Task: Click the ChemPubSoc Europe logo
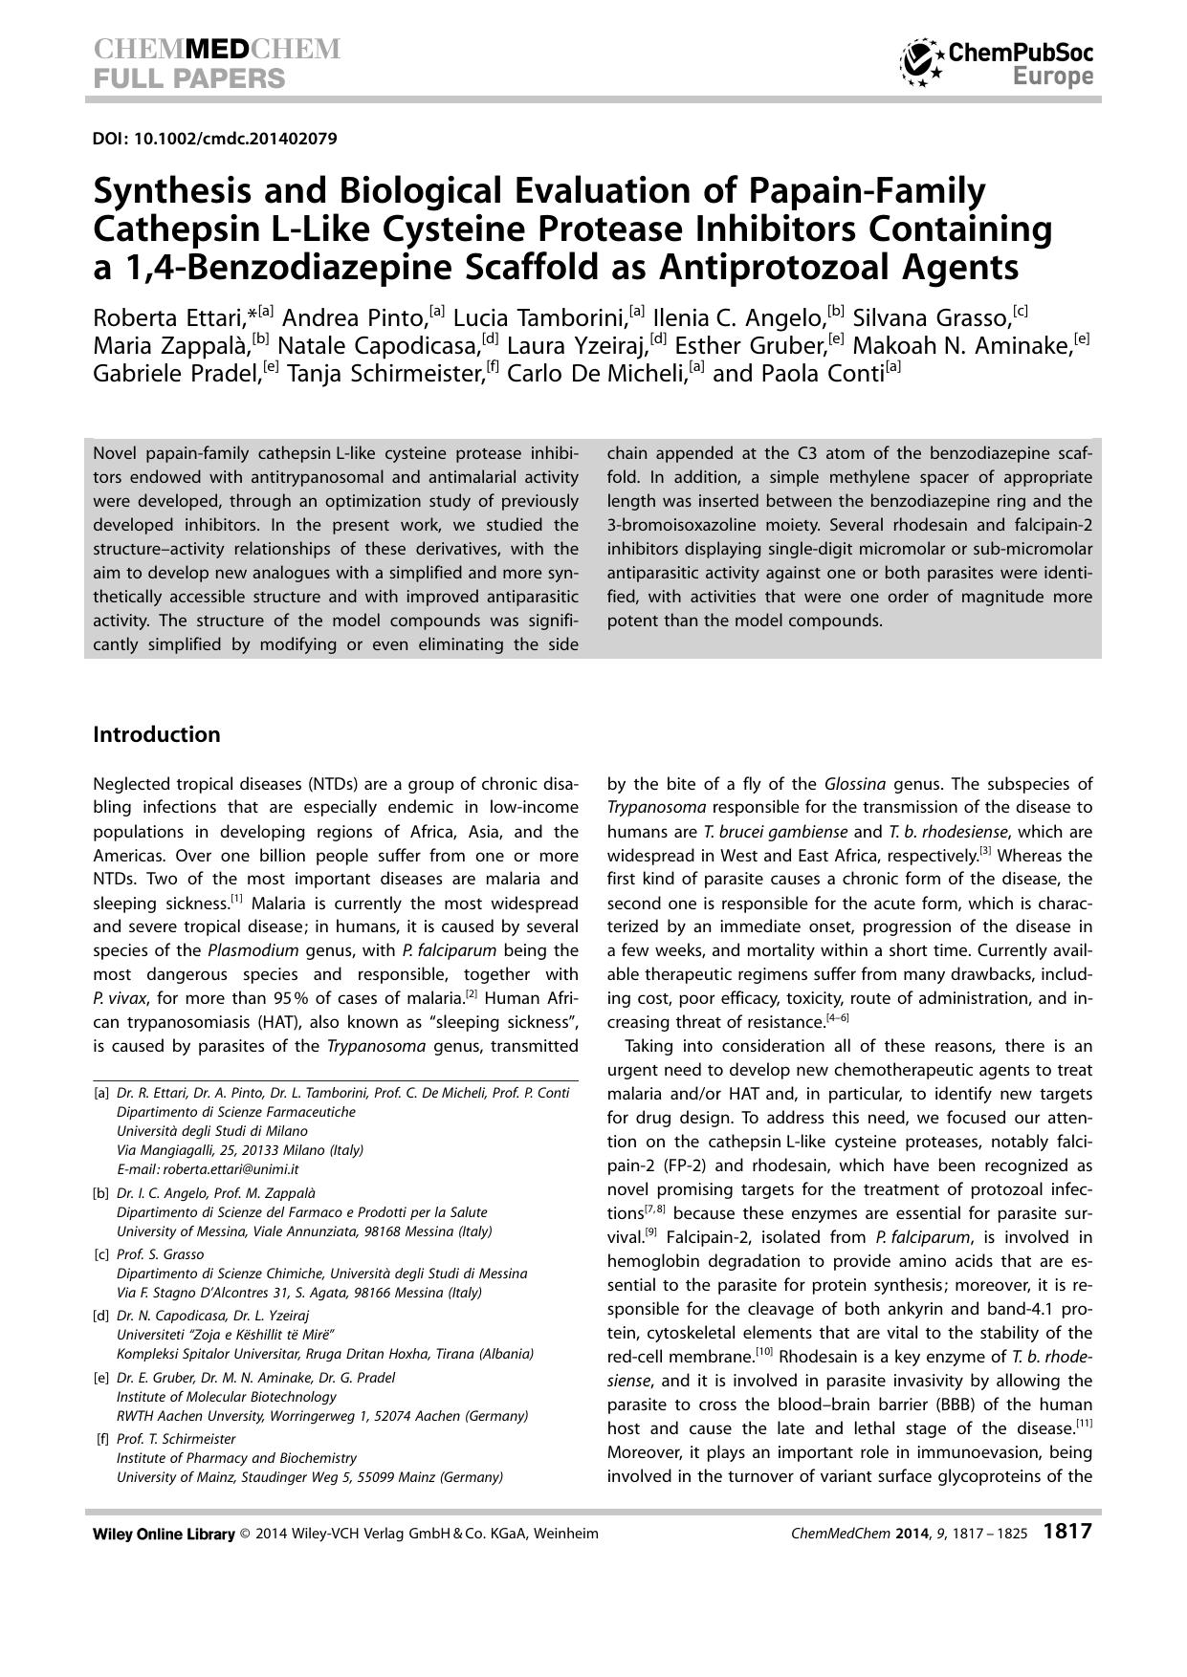click(x=996, y=63)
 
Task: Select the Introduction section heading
click(x=156, y=734)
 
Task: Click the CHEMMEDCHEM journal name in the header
click(x=217, y=49)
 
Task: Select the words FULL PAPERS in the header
click(x=189, y=78)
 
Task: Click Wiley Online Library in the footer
click(x=164, y=1534)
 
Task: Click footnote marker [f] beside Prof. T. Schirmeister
click(x=102, y=1439)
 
